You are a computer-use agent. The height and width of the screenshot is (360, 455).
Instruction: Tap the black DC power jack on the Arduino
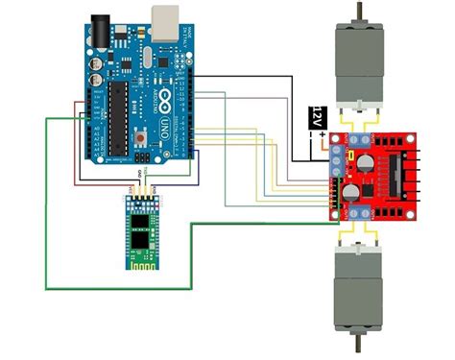(x=100, y=28)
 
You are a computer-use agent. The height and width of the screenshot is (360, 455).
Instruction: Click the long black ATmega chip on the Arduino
(x=119, y=115)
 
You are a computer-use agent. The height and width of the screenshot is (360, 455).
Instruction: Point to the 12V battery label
(x=313, y=117)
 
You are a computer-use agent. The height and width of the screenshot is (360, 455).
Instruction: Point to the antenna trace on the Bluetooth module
(x=141, y=261)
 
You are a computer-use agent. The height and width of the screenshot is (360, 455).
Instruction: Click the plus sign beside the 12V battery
(x=324, y=133)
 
